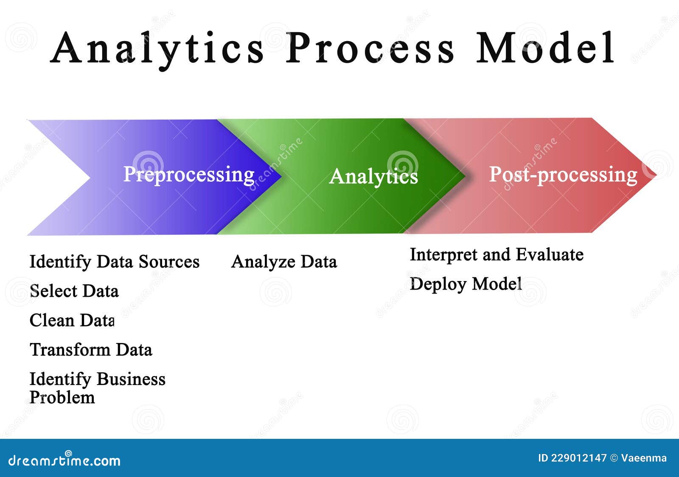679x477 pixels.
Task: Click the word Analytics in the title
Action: pos(157,49)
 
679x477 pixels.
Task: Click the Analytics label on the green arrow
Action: pos(373,176)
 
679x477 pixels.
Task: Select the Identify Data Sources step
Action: pos(114,262)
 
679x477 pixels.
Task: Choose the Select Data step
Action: pos(74,291)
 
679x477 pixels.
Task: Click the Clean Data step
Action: pos(72,320)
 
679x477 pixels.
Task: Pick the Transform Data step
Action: pos(91,350)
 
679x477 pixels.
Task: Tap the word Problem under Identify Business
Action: pos(62,398)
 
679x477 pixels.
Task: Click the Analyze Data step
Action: pos(284,262)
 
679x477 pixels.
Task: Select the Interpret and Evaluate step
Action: pos(496,255)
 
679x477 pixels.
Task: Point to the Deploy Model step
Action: pos(466,284)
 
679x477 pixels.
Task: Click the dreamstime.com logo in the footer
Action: pos(65,460)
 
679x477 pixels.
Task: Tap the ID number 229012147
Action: pos(579,458)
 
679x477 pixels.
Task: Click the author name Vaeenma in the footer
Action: pos(644,458)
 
